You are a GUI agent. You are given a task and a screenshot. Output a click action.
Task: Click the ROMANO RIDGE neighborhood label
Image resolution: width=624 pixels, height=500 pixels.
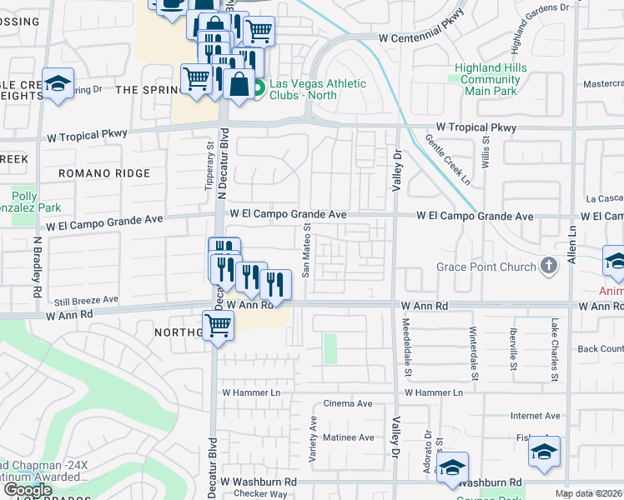pos(104,173)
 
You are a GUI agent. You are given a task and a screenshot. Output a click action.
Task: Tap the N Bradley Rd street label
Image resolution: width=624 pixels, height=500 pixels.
pos(38,268)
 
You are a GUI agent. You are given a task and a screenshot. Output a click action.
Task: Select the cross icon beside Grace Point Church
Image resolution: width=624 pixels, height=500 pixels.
pos(548,267)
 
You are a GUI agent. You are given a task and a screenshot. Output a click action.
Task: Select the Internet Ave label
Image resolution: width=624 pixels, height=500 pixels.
pos(536,416)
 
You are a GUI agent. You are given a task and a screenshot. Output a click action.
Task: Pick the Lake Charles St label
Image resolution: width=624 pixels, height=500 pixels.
pos(552,350)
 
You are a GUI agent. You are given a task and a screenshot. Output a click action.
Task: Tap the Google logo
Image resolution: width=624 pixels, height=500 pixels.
pos(28,490)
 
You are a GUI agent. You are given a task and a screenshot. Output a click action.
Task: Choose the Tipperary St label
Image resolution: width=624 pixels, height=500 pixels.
pos(209,167)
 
